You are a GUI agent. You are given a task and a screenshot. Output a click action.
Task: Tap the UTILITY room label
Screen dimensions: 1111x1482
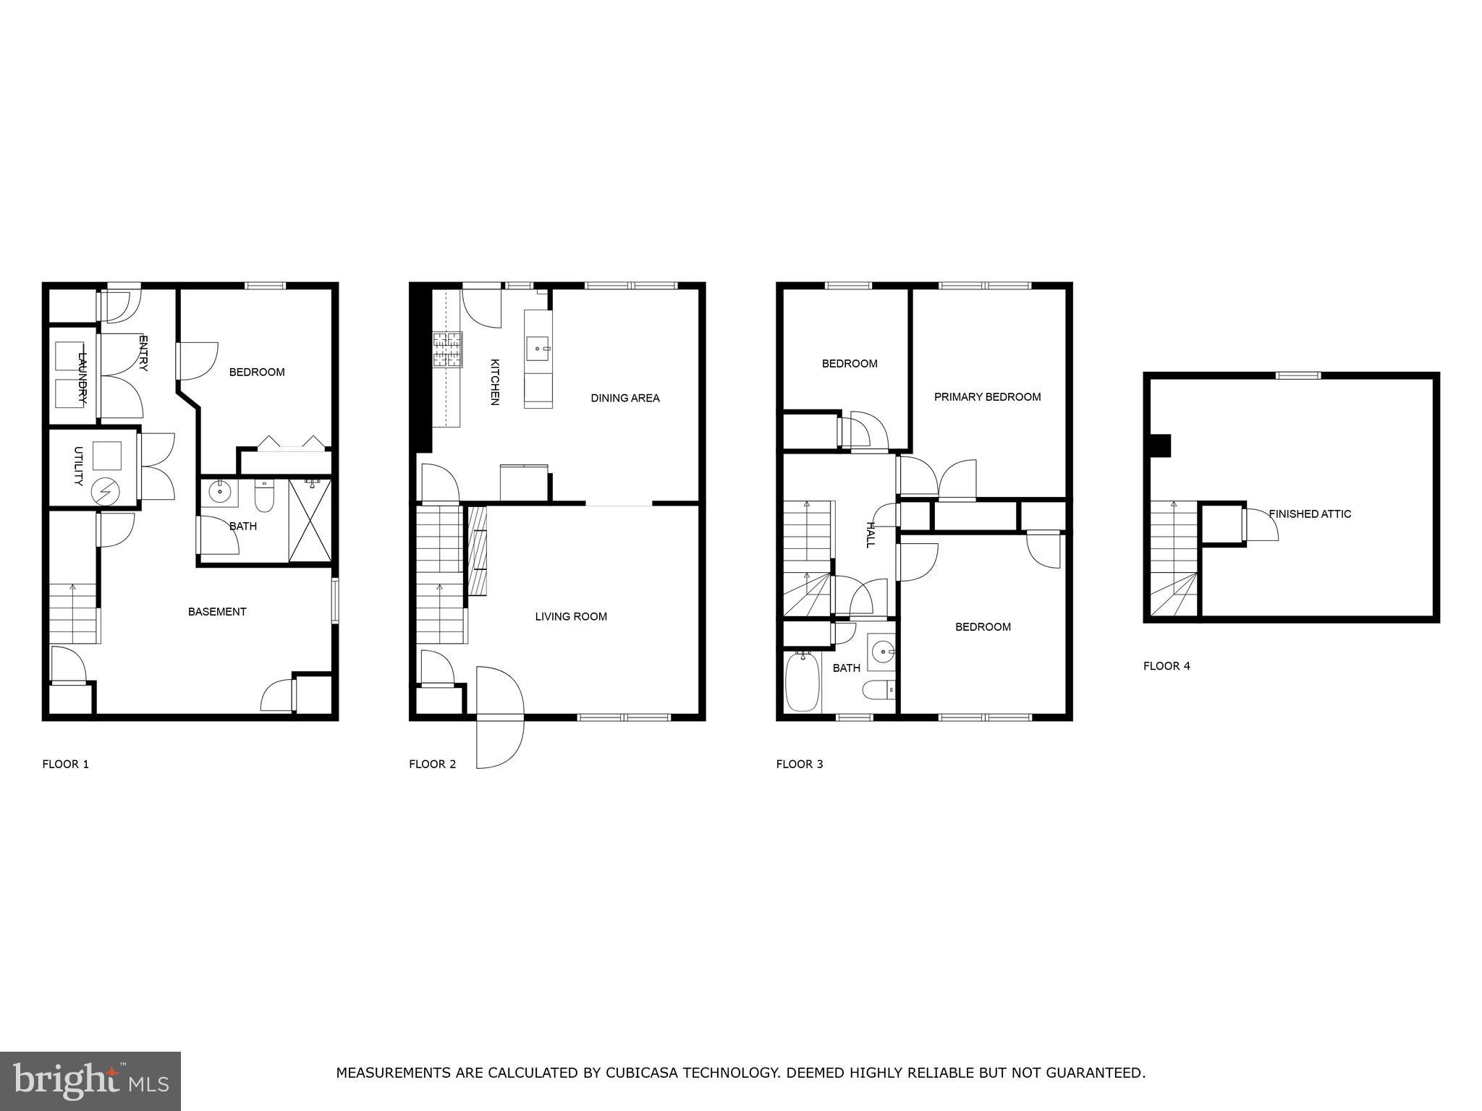click(x=79, y=466)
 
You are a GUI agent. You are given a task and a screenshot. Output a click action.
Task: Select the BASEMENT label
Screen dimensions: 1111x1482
click(x=217, y=612)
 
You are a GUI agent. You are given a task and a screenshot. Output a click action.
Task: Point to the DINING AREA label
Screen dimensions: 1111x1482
click(x=625, y=398)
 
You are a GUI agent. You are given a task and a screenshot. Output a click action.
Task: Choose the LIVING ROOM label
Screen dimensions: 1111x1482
click(x=571, y=617)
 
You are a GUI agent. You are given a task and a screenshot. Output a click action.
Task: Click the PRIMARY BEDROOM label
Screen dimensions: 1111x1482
click(x=987, y=397)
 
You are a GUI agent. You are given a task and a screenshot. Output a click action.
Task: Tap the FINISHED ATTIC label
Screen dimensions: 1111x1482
click(x=1310, y=514)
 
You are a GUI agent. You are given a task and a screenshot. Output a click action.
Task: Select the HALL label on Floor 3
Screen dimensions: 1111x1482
click(x=871, y=535)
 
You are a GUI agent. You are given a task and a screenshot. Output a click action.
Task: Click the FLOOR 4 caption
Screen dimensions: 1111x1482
click(x=1166, y=666)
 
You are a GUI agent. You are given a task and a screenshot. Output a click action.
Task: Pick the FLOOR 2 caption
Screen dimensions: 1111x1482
click(x=432, y=764)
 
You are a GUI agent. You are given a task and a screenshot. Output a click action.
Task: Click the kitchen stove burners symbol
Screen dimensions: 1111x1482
click(x=447, y=350)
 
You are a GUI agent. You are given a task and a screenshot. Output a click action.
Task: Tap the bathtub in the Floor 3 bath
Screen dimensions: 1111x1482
click(x=802, y=682)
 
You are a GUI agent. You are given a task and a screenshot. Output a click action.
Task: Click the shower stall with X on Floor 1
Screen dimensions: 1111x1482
click(x=310, y=520)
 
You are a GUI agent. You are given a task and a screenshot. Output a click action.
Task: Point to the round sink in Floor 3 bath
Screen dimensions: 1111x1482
click(x=881, y=652)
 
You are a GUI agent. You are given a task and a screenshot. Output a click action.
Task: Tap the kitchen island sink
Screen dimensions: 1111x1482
click(x=538, y=349)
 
